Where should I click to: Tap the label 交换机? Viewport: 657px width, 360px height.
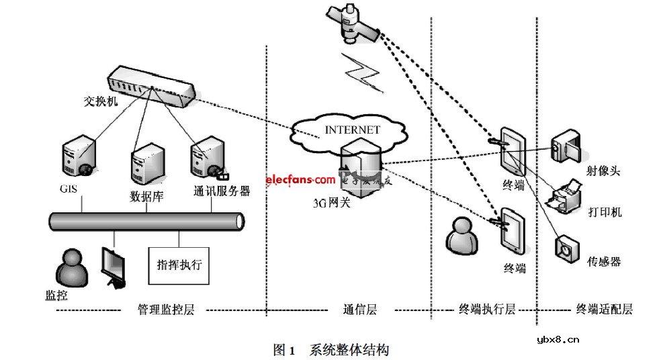[x=100, y=102]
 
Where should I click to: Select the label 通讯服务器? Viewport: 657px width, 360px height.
[x=221, y=191]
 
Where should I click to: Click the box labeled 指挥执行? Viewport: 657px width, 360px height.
[x=179, y=264]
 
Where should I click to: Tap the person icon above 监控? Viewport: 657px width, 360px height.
[x=71, y=268]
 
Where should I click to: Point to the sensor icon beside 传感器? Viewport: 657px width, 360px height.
[x=566, y=248]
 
